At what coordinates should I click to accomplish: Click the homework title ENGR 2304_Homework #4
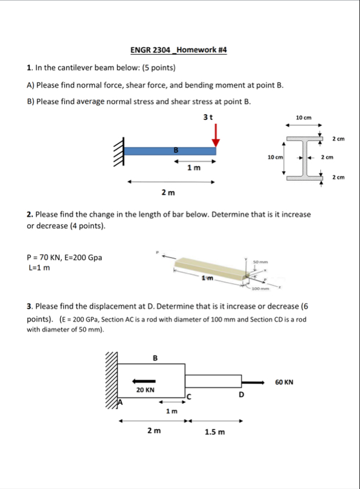coord(178,50)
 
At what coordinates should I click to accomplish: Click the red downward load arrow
coord(216,135)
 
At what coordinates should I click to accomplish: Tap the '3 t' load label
coord(208,117)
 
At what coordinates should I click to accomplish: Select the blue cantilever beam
coord(170,151)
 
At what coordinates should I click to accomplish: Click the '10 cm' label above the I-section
coord(304,117)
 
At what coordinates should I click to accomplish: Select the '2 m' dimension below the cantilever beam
coord(168,193)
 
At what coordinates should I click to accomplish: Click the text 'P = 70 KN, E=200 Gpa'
coord(64,258)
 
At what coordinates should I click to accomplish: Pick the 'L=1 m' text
coord(39,268)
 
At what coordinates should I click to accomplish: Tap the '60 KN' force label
coord(284,382)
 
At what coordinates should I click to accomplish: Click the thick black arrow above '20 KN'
coord(143,382)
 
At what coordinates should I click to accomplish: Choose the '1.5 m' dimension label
coord(214,432)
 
